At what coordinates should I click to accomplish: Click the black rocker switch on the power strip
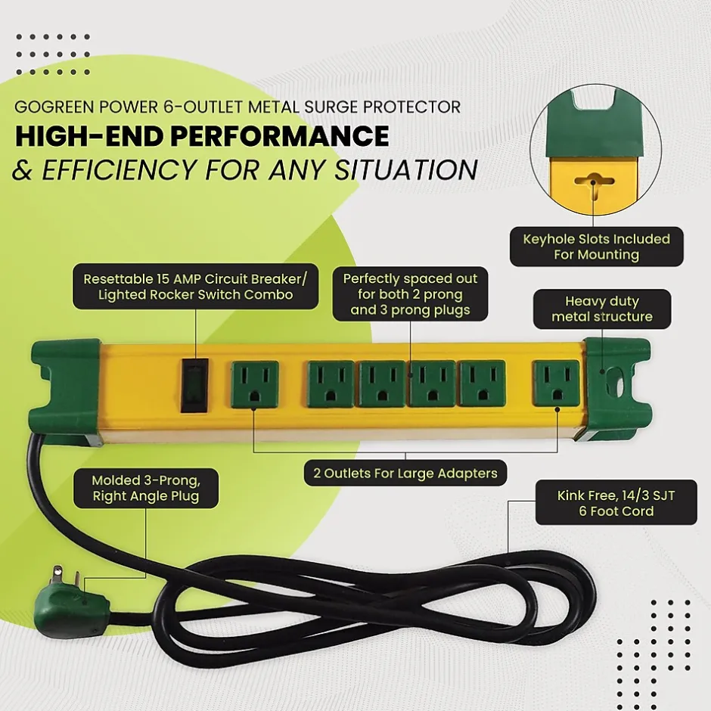pos(194,386)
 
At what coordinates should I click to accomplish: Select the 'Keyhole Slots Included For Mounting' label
pos(596,247)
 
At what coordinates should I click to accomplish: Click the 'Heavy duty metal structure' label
pos(602,309)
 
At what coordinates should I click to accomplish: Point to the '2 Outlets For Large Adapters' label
pos(405,473)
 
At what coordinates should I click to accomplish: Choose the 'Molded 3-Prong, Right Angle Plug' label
pos(146,488)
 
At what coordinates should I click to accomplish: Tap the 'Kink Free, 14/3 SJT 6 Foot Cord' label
pos(616,503)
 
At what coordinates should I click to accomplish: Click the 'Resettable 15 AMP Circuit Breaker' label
pos(195,287)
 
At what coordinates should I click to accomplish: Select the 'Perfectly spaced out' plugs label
pos(410,293)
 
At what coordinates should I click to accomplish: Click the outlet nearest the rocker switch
pos(255,384)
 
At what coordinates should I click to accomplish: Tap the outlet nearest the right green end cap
pos(557,383)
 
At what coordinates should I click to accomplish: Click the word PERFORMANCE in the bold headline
pos(280,136)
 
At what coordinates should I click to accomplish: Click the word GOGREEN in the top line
pos(54,107)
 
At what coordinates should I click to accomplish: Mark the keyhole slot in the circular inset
pos(594,183)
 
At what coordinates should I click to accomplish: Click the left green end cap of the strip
pos(65,391)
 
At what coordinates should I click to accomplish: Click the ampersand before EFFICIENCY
pos(22,170)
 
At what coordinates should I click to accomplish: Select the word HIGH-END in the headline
pos(89,136)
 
